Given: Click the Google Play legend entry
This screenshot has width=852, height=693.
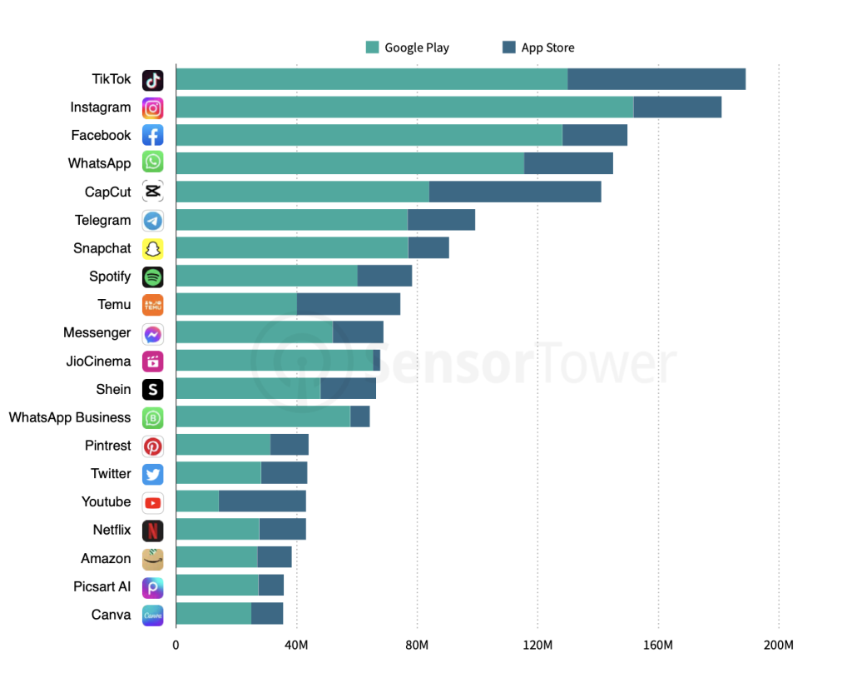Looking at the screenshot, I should coord(408,47).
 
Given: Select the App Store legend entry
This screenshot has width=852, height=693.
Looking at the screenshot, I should coord(538,47).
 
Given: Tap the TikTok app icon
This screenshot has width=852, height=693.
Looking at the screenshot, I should coord(152,80).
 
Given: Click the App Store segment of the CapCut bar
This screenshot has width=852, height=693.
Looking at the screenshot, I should coord(515,192).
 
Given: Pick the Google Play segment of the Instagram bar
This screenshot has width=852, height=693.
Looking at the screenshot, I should coord(404,107).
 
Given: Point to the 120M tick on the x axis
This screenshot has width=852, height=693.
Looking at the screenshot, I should coord(537,646).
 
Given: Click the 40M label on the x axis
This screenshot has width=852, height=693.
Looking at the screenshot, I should coord(296,646).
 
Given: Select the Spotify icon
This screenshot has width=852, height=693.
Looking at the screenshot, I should coord(152,277).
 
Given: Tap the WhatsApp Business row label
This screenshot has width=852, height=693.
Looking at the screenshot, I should coord(70,417).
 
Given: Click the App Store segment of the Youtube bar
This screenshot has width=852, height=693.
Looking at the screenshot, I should coord(262,501).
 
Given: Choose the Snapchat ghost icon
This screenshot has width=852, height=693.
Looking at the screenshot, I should coord(152,248).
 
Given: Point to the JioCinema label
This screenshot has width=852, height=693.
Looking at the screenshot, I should coord(98,361).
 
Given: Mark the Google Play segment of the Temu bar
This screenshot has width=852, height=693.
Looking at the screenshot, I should coord(236,305).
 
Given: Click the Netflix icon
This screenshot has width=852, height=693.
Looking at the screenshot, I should coord(152,531).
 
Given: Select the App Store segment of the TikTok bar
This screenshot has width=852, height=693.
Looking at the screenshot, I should coord(656,79).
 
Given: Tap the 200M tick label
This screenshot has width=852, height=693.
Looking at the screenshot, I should coord(779,646).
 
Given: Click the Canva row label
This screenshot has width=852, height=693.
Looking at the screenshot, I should coord(111,615).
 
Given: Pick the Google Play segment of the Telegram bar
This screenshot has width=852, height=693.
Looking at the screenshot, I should coord(291,220).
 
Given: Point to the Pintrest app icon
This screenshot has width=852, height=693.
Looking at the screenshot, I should coord(152,446).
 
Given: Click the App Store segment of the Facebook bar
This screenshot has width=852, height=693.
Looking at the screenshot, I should coord(595,136).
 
